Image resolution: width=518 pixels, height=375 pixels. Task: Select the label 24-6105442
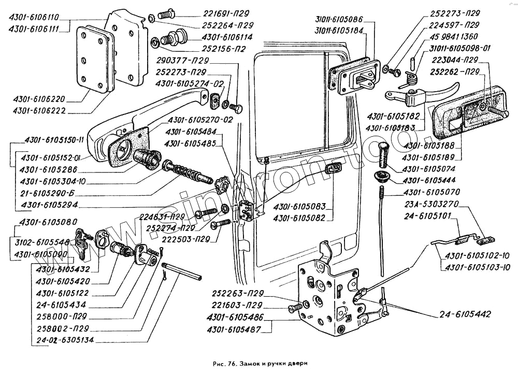[466, 314]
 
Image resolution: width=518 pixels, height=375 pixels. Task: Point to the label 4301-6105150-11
[50, 140]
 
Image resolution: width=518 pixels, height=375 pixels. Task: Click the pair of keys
[83, 241]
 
